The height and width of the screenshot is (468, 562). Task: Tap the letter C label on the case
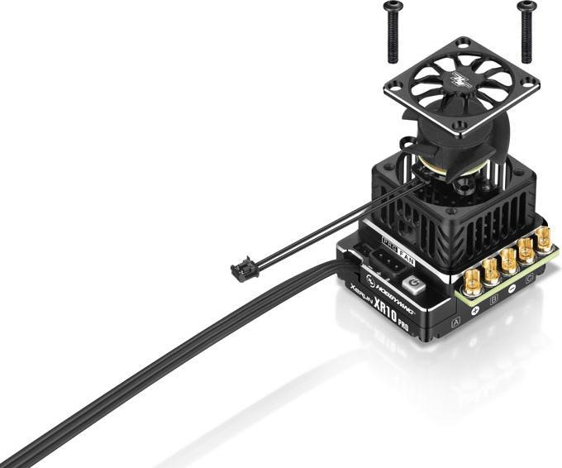click(x=529, y=278)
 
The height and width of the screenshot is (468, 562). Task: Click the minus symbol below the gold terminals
click(x=512, y=289)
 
